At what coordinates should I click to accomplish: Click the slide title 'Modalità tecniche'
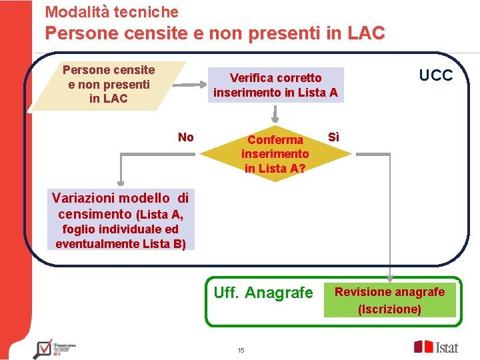pyautogui.click(x=111, y=11)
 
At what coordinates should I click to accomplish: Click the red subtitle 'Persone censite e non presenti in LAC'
pyautogui.click(x=215, y=33)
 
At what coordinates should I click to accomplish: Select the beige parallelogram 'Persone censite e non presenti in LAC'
pyautogui.click(x=109, y=85)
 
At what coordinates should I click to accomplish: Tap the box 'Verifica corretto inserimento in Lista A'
pyautogui.click(x=275, y=85)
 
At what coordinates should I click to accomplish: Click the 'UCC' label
pyautogui.click(x=435, y=75)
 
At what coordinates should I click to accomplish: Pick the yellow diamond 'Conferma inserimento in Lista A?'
pyautogui.click(x=275, y=153)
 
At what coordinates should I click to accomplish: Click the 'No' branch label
pyautogui.click(x=186, y=137)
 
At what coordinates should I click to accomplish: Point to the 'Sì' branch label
pyautogui.click(x=334, y=137)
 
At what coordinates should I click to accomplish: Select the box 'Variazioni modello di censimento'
pyautogui.click(x=121, y=220)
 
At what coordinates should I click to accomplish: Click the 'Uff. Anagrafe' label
pyautogui.click(x=263, y=293)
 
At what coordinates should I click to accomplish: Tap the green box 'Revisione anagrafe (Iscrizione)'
pyautogui.click(x=389, y=300)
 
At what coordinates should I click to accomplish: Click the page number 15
pyautogui.click(x=241, y=351)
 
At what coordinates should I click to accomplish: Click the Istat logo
pyautogui.click(x=436, y=347)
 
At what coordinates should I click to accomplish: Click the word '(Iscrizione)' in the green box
pyautogui.click(x=389, y=309)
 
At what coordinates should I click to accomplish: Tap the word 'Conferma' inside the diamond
pyautogui.click(x=275, y=140)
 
